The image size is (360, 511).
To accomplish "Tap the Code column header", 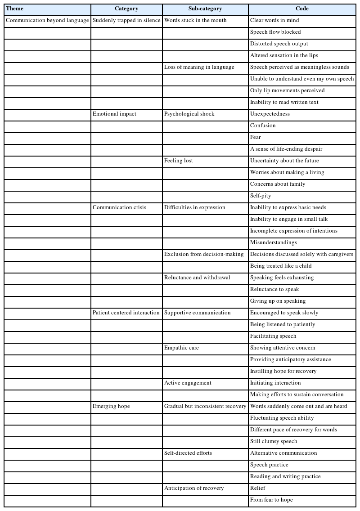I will click(x=302, y=9).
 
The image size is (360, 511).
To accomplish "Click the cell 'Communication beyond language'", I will click(x=47, y=20).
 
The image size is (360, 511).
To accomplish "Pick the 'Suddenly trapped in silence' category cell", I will click(x=126, y=20).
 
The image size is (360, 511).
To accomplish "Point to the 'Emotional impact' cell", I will click(x=114, y=114).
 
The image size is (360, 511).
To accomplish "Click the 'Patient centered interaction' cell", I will click(x=126, y=313).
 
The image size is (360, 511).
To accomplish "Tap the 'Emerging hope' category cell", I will click(x=111, y=406).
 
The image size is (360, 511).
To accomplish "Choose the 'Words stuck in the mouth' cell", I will click(x=195, y=20).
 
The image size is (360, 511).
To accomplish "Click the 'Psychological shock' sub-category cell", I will click(x=189, y=114).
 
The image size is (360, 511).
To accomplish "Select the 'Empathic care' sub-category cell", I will click(x=181, y=348).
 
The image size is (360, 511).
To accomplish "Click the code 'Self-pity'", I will click(x=261, y=196).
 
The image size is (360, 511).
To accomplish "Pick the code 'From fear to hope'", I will click(x=271, y=500).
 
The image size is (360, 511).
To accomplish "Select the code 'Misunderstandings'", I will click(x=273, y=242).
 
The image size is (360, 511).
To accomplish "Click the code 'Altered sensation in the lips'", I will click(x=284, y=55).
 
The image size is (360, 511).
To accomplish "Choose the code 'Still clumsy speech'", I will click(x=274, y=441).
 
